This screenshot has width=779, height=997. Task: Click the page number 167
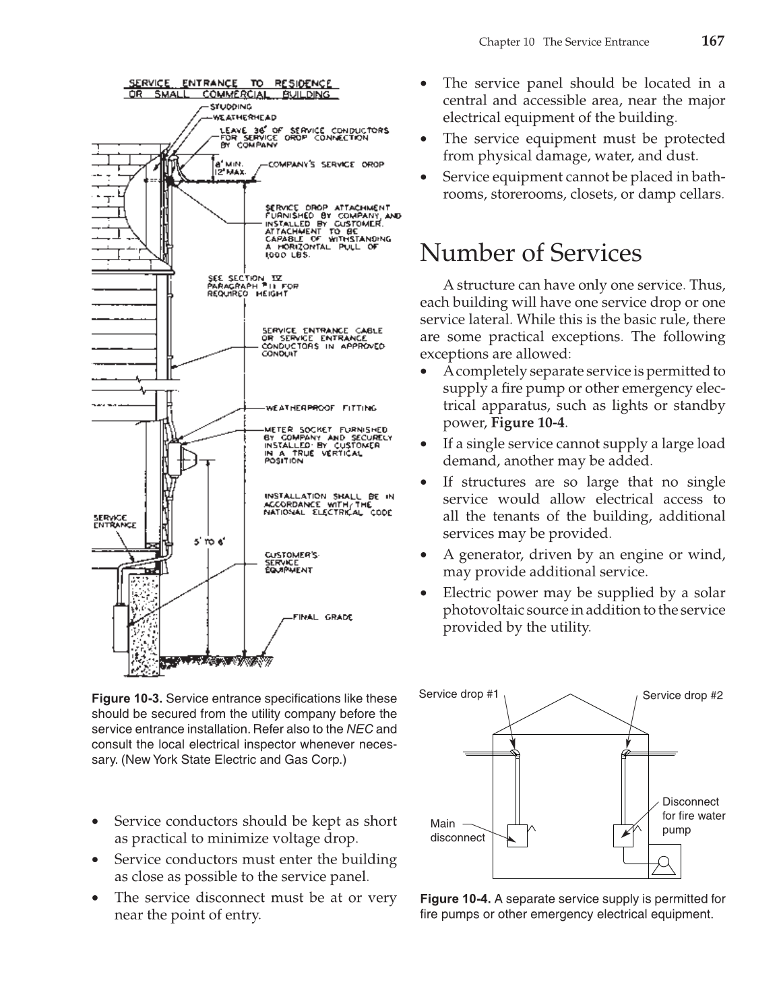pos(712,41)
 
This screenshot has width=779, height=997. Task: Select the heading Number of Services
pos(530,253)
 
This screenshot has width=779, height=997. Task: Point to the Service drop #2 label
pos(683,696)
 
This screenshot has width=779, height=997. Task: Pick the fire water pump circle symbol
pos(664,862)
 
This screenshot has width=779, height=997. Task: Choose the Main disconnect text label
pos(457,830)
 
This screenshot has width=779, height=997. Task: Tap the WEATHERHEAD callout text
pos(234,117)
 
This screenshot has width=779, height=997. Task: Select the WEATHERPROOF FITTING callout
pos(321,408)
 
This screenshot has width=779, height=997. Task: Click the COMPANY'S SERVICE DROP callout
pos(326,164)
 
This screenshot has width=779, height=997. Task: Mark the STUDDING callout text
pos(230,107)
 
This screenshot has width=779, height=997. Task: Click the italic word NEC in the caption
pos(358,729)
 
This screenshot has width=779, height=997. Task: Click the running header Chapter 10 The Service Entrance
pos(563,42)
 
